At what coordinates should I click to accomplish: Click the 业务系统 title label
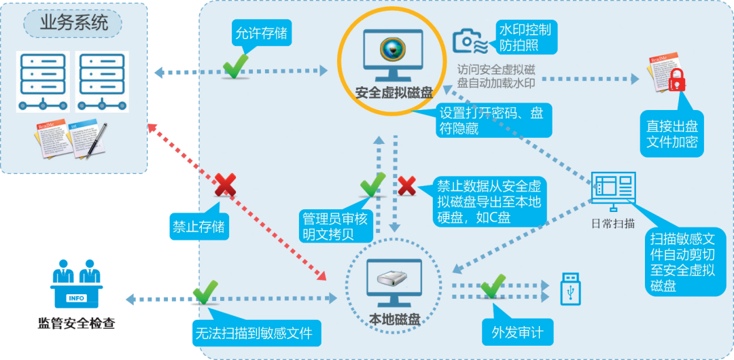click(x=73, y=22)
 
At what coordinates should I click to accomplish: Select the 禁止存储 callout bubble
click(x=198, y=227)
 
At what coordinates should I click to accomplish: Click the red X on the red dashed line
click(x=225, y=185)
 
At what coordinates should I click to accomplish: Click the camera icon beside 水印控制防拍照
click(x=470, y=40)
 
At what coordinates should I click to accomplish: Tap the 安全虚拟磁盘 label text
click(x=394, y=92)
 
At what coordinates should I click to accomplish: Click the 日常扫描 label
click(x=613, y=223)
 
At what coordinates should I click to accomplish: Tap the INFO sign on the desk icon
click(x=76, y=298)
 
